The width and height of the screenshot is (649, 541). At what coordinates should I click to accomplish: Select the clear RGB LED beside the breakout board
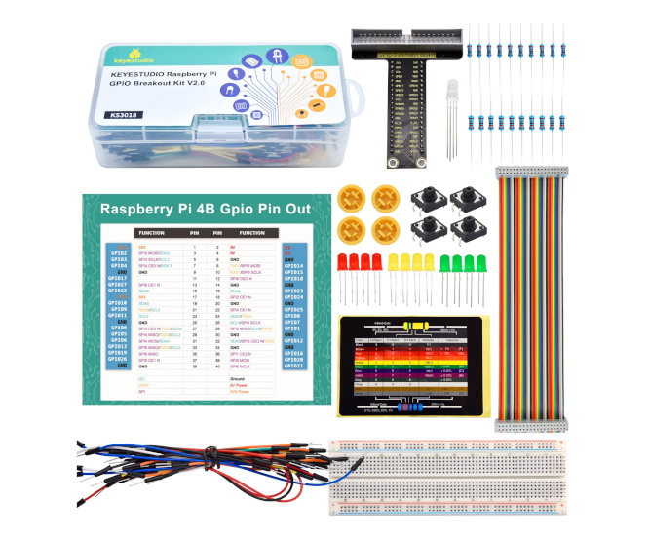coord(453,98)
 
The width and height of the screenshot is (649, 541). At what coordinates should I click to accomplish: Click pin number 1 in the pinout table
coord(195,248)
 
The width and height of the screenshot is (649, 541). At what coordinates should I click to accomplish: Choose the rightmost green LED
coord(480,263)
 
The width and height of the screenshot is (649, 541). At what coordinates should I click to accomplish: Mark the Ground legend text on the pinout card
coord(237,376)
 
